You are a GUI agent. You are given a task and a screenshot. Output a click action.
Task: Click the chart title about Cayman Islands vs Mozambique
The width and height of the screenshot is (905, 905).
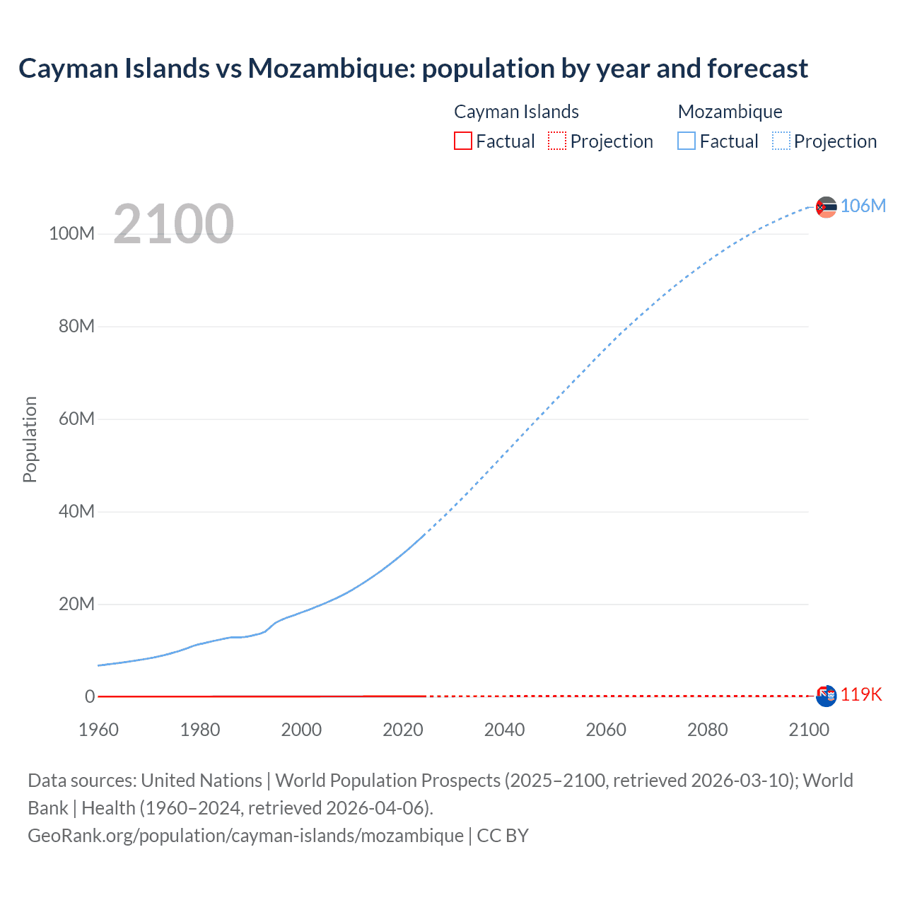(413, 69)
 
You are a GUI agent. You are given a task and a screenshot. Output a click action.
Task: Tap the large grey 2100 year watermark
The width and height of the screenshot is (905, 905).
(173, 223)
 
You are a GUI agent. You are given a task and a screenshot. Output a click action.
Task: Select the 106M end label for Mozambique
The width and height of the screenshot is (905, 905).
(863, 206)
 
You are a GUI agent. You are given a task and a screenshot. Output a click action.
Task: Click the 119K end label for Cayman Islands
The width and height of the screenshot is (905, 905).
(860, 694)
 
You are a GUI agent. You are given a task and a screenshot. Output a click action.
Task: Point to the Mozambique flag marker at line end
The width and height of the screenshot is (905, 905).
(826, 207)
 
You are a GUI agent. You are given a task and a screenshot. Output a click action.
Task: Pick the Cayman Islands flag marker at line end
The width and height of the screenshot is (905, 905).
(826, 696)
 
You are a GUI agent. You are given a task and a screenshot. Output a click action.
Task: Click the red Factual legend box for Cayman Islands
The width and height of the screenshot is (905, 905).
(463, 141)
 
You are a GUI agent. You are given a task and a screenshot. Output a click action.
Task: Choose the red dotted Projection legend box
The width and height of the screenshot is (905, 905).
(557, 141)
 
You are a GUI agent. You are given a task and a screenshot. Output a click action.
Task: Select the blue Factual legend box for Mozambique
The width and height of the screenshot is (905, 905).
(687, 141)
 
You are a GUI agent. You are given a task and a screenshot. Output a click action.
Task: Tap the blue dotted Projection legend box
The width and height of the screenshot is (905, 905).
(781, 141)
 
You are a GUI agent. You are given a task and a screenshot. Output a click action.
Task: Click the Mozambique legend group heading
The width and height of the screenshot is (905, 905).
(730, 112)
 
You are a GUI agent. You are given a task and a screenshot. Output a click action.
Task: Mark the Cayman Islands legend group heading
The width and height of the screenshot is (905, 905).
(516, 112)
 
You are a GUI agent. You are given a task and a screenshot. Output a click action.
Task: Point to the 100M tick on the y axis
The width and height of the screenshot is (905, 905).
(71, 233)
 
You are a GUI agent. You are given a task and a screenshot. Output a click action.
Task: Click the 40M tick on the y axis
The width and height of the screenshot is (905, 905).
(76, 511)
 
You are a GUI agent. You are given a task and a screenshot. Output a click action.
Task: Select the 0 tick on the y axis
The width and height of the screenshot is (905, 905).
(90, 696)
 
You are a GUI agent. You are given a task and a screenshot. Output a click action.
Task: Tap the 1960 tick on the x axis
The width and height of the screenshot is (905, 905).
(99, 730)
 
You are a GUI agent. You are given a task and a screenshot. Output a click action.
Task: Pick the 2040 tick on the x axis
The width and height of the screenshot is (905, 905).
(504, 730)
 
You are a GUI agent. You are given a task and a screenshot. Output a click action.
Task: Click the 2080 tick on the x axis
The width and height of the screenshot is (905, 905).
(707, 730)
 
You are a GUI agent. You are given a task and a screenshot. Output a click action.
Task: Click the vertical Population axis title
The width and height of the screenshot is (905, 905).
(30, 439)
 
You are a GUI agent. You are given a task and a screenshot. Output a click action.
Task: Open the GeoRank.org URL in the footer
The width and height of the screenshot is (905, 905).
(245, 835)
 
